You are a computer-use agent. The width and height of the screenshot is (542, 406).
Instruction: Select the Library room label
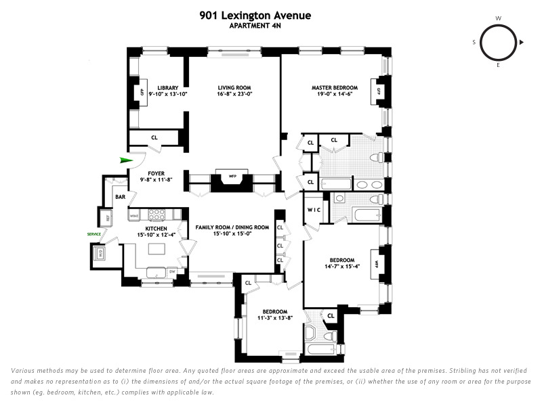coord(167,88)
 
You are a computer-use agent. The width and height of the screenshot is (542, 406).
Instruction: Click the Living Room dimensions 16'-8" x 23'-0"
coord(234,95)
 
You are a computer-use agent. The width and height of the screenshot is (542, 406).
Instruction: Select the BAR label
coord(120,197)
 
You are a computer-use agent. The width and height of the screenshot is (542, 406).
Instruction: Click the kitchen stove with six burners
coord(157,215)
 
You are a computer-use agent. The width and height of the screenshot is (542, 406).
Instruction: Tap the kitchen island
coord(157,250)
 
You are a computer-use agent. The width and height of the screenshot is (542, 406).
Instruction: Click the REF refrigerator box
coord(106,217)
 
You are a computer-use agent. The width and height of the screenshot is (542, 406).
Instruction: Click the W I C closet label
coord(314,210)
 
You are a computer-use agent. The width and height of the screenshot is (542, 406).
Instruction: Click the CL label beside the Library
coord(154,138)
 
